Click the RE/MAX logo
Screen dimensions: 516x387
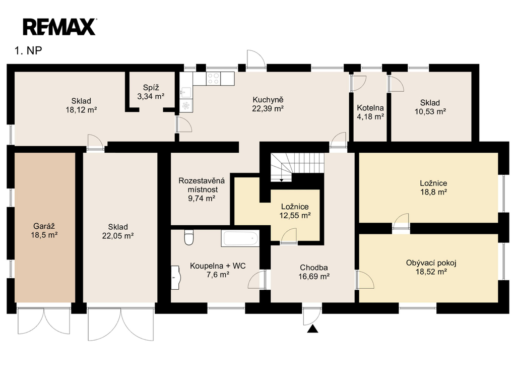pyautogui.click(x=59, y=27)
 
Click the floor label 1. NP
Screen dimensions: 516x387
pyautogui.click(x=28, y=51)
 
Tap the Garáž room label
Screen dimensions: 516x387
pyautogui.click(x=44, y=226)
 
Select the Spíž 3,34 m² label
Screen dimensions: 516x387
pyautogui.click(x=151, y=92)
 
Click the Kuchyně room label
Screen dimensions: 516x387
pyautogui.click(x=268, y=100)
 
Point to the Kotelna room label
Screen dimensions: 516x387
pyautogui.click(x=370, y=108)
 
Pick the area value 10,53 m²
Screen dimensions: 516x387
pyautogui.click(x=430, y=111)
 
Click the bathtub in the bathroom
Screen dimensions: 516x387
pyautogui.click(x=240, y=238)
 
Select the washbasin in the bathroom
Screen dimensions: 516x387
pyautogui.click(x=175, y=278)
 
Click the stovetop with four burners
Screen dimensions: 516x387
pyautogui.click(x=213, y=79)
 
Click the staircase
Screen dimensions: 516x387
pyautogui.click(x=297, y=167)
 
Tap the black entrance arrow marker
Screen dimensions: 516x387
pyautogui.click(x=312, y=329)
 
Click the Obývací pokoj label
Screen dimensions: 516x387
pyautogui.click(x=431, y=263)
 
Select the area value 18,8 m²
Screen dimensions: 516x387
pyautogui.click(x=433, y=192)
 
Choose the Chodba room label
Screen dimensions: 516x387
pyautogui.click(x=313, y=268)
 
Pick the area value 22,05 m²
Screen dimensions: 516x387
pyautogui.click(x=118, y=236)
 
